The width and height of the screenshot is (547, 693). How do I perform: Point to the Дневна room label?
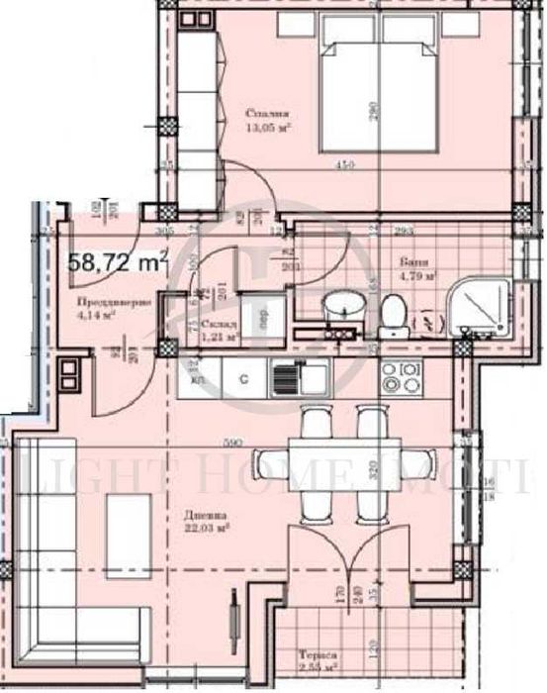point(208,515)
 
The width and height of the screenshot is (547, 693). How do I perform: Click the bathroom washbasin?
point(341,307)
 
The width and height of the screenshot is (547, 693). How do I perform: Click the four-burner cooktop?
point(402,378)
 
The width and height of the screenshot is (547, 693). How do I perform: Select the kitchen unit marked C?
point(243,376)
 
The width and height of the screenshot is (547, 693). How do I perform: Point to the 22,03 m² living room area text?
point(211,529)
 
